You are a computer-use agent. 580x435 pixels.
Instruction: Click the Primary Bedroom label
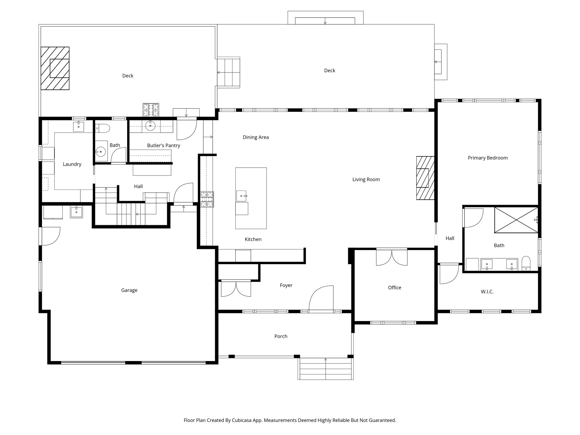487,158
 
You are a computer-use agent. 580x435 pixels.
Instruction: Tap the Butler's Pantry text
163,146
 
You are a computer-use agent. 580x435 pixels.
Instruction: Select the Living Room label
366,180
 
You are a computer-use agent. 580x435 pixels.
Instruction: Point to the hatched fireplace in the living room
425,178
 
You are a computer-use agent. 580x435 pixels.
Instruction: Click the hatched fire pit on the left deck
55,68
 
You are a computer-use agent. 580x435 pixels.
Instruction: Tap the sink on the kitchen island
242,196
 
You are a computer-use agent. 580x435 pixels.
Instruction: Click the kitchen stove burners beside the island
207,199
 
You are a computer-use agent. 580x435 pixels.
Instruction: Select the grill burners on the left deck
151,110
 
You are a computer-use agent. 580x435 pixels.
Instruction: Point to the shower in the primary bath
516,220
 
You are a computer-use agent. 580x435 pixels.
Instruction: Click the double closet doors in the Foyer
236,288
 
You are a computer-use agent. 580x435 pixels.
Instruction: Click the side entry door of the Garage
50,236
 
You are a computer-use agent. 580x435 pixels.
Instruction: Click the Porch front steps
325,369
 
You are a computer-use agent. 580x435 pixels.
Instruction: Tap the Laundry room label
72,164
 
